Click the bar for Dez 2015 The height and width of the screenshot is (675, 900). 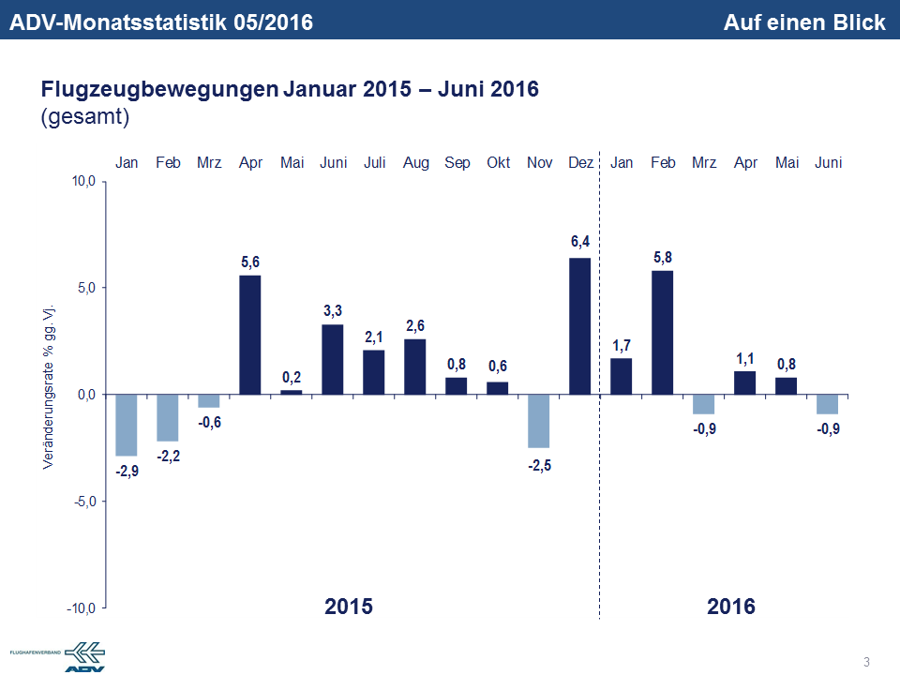click(x=580, y=326)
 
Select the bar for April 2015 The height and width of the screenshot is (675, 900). click(x=250, y=335)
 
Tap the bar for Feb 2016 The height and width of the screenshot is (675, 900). click(x=663, y=332)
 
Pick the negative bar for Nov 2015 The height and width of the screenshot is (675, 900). click(x=539, y=421)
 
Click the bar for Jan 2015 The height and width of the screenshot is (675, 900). click(x=127, y=425)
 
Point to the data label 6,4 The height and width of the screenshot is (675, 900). click(x=580, y=243)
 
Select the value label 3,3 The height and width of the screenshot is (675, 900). click(x=333, y=310)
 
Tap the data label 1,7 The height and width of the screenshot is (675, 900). click(x=622, y=344)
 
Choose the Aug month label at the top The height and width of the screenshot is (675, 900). click(x=415, y=163)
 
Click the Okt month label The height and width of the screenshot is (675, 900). click(x=498, y=163)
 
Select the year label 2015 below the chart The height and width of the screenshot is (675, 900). click(x=349, y=606)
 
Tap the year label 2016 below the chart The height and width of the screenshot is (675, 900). click(x=731, y=606)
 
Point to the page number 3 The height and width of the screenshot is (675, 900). click(x=866, y=663)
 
